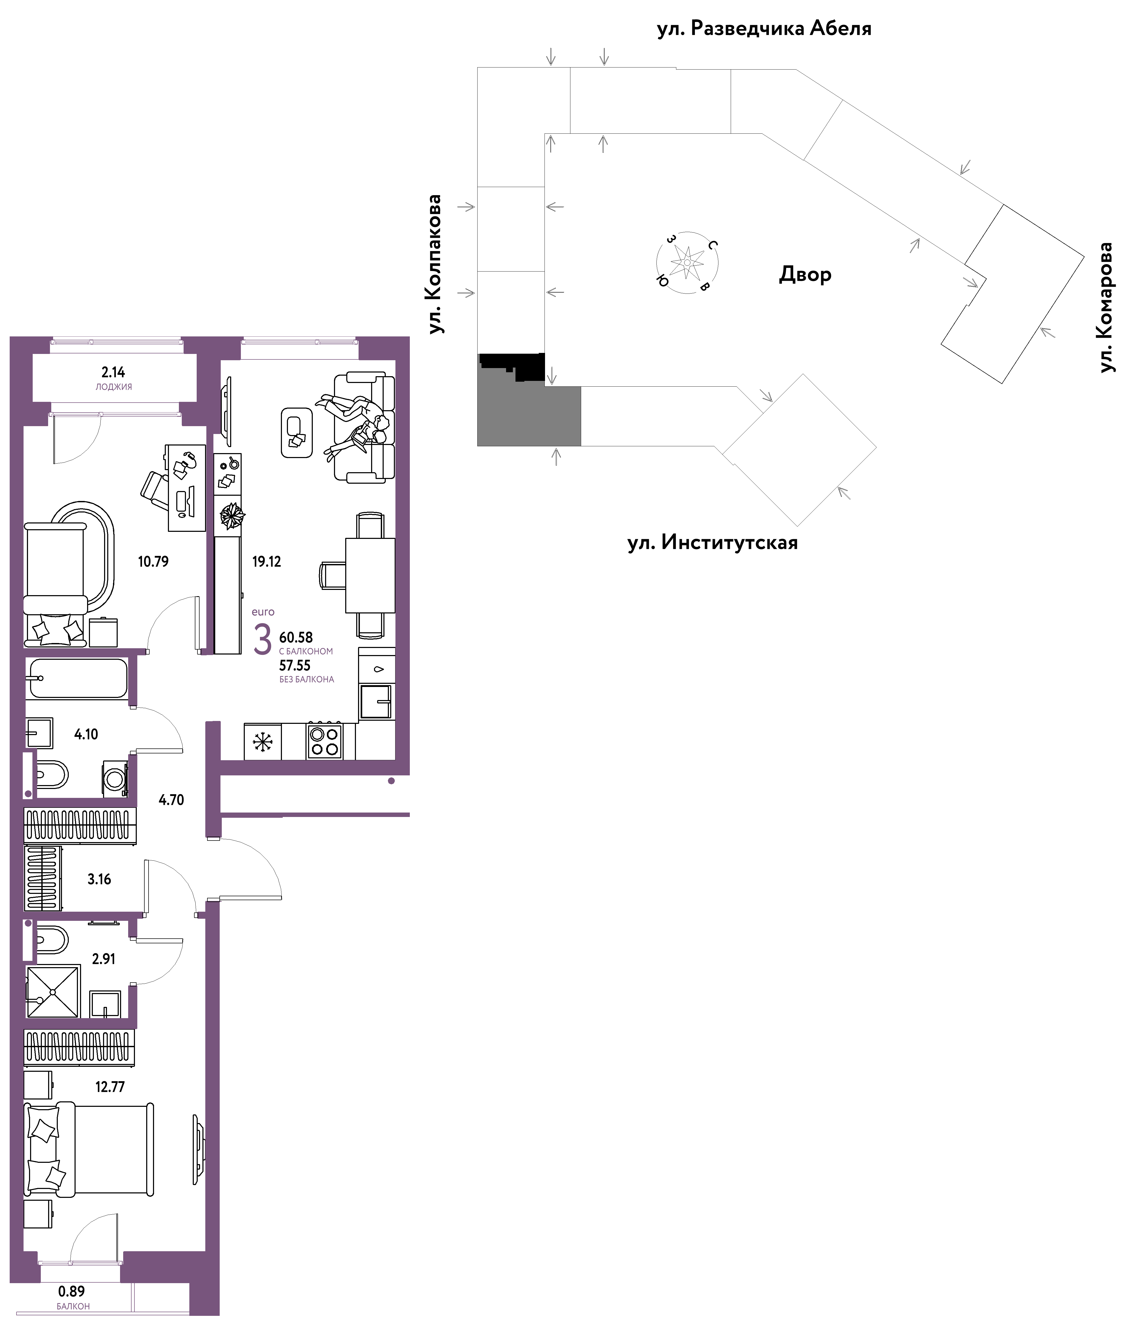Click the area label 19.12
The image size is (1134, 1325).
pos(267,561)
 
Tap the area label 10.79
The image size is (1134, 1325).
pos(154,561)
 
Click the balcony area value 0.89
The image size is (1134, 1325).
pos(72,1291)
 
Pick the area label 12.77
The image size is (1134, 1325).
pos(110,1086)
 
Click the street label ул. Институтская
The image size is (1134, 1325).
pos(713,543)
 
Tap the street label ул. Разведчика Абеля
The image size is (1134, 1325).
pos(764,29)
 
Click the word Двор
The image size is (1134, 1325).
pos(806,274)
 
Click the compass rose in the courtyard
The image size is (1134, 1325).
pos(687,262)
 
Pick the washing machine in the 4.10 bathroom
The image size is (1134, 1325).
pos(115,778)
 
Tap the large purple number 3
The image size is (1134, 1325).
pos(262,640)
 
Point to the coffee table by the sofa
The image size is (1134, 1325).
pos(297,432)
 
